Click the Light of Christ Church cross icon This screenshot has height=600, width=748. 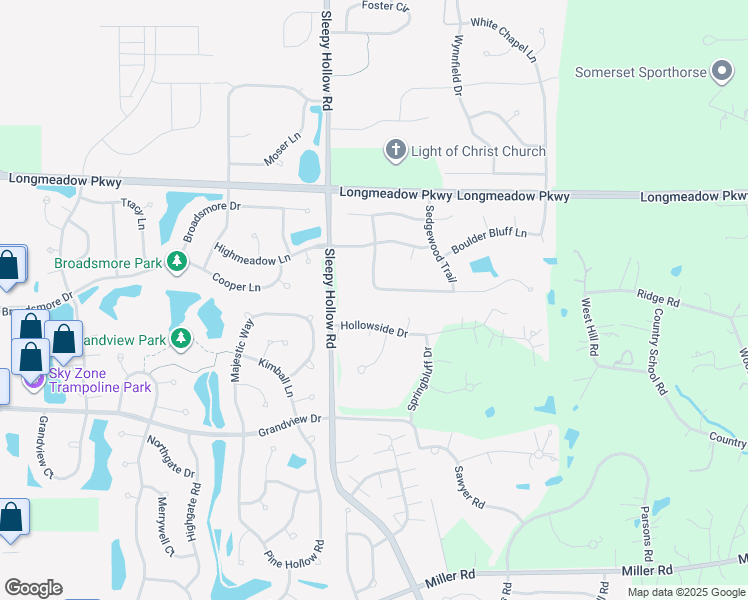point(396,151)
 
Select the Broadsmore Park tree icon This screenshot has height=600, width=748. point(177,262)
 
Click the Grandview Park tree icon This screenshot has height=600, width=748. point(181,339)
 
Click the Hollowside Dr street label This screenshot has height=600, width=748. point(375,328)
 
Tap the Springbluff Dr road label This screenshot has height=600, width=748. point(419,379)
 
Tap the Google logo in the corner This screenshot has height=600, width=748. point(33,588)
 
